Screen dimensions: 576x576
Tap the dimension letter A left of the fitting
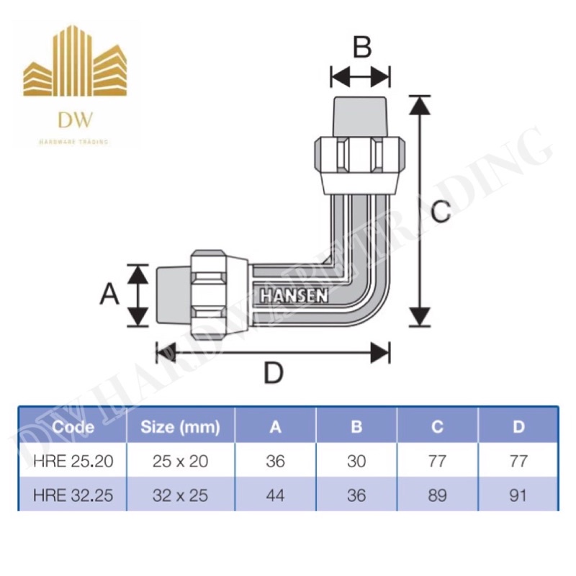point(109,294)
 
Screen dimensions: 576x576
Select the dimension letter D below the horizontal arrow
point(273,373)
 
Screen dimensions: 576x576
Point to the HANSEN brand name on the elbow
point(294,295)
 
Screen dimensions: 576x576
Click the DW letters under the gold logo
point(73,118)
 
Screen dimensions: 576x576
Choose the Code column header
point(73,427)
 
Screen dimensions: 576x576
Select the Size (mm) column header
point(180,427)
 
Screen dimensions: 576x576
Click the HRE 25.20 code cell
point(72,461)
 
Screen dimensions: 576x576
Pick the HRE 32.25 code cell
point(72,495)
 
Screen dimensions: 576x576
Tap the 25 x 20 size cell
point(180,461)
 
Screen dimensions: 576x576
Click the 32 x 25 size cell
point(180,495)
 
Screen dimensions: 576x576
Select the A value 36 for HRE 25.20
point(275,461)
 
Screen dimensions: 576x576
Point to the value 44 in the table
point(275,495)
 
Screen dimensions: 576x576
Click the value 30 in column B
point(356,461)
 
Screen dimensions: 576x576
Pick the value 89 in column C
point(437,495)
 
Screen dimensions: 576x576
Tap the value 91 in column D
point(518,495)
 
